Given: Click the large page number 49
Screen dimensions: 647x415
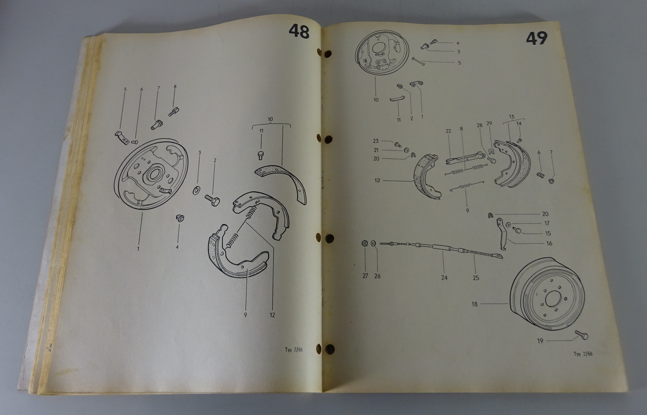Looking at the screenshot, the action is pos(537,38).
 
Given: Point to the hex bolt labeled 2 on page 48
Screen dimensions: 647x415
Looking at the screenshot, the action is pos(212,200).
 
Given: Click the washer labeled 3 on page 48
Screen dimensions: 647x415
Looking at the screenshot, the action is pos(197,191).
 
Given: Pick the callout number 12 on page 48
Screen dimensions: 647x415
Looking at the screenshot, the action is pos(272,315).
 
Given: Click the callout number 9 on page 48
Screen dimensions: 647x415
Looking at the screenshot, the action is pos(245,315).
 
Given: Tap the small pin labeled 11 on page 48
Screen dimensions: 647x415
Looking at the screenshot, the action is pos(260,155).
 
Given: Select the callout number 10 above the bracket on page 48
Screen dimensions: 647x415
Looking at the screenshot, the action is pos(271,119).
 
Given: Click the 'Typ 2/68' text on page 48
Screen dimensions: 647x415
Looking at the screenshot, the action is pos(294,350).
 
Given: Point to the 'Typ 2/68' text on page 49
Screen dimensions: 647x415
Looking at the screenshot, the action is pos(583,354).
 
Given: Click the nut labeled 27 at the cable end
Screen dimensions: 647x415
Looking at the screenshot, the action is pos(364,243).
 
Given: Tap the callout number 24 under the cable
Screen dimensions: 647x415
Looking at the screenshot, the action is pos(444,277).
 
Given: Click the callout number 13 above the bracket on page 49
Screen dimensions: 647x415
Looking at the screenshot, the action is pos(512,117).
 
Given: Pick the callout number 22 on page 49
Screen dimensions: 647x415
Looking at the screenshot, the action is pos(448,131).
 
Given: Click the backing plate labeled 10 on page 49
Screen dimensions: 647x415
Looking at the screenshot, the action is pos(382,53).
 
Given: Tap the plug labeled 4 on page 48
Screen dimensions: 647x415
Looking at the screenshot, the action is pos(180,218).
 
